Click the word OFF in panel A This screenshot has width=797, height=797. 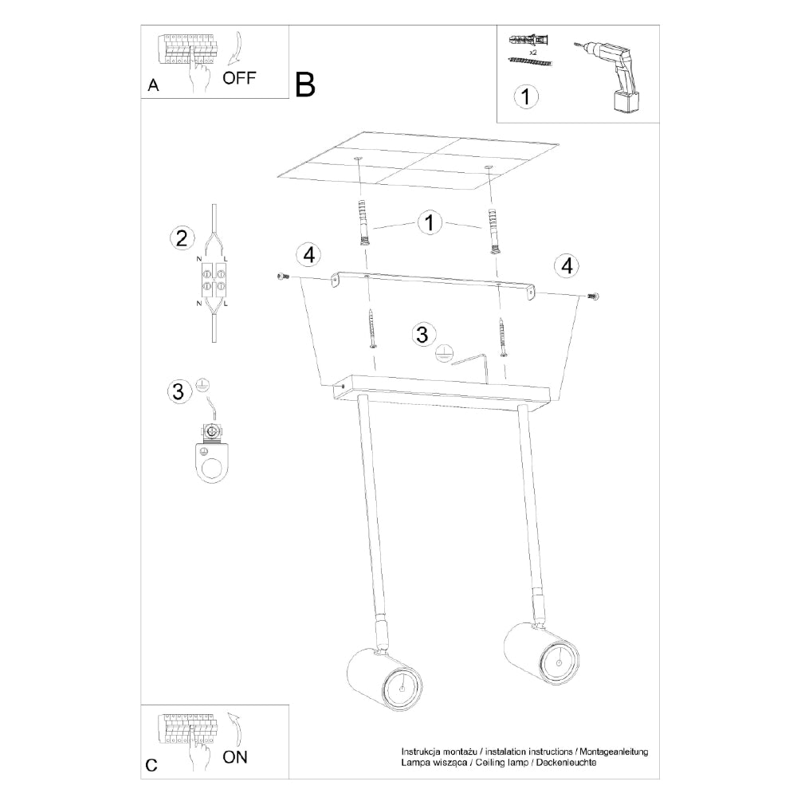(x=239, y=78)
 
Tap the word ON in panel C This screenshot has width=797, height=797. (x=235, y=757)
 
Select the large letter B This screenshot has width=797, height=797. (x=305, y=84)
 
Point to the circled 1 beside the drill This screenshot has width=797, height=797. (x=525, y=96)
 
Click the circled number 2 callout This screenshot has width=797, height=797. (x=182, y=238)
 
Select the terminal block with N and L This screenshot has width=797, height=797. (x=214, y=280)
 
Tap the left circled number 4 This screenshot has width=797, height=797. (x=309, y=254)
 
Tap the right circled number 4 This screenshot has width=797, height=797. (x=567, y=265)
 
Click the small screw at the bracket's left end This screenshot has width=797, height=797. (x=283, y=276)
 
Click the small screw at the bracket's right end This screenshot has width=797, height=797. (x=592, y=296)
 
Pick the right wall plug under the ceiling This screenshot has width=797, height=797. (x=493, y=231)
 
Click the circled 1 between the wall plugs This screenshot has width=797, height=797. (x=430, y=223)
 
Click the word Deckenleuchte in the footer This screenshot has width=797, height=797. (x=566, y=763)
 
